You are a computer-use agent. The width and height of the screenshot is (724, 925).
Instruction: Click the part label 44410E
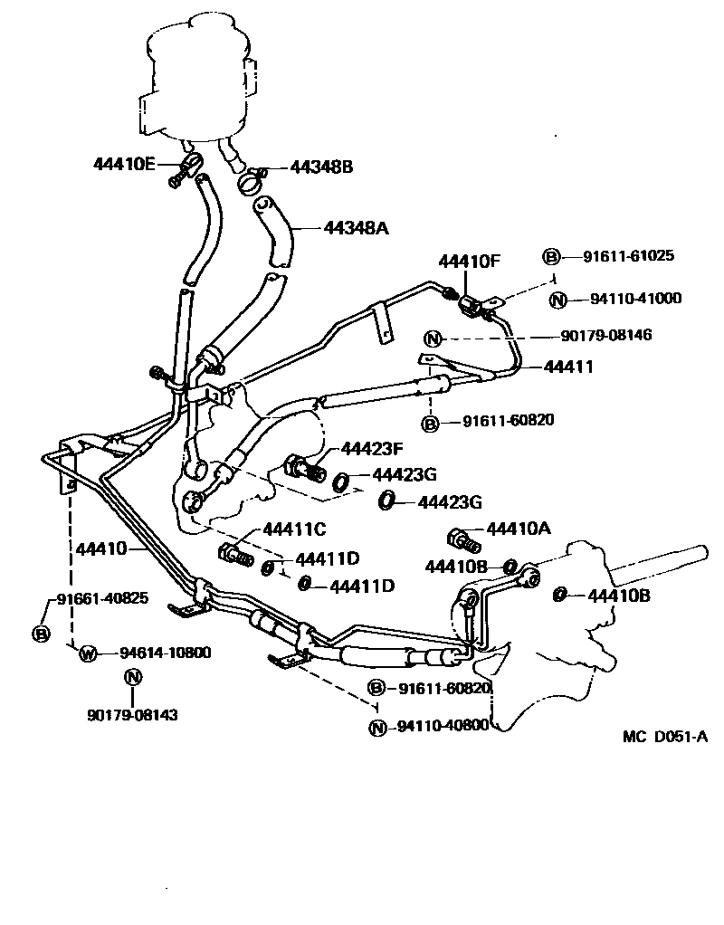pos(125,164)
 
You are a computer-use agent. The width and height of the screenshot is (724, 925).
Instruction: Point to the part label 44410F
pos(469,262)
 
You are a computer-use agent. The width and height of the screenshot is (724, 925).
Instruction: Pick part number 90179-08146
pos(605,336)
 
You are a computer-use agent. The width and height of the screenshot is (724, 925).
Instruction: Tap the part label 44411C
pos(294,529)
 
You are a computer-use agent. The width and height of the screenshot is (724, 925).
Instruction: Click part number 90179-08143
pos(132,715)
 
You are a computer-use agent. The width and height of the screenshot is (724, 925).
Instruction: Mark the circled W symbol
pos(88,653)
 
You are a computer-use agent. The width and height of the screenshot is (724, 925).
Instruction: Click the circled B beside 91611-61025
pos(550,257)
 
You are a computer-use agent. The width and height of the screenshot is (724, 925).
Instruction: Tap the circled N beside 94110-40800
pos(378,726)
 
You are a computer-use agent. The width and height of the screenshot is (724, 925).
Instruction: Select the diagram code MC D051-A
pos(664,736)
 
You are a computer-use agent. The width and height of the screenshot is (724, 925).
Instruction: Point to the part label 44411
pos(568,367)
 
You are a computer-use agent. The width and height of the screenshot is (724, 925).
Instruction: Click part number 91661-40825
pos(102,598)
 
